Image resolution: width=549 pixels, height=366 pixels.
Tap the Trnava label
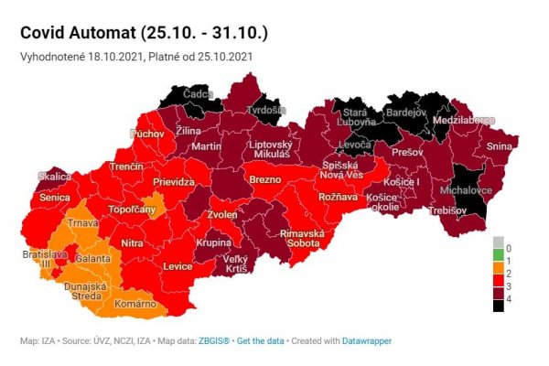tap(86, 222)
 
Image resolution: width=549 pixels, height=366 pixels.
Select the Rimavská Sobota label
tap(303, 238)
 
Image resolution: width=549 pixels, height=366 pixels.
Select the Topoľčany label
tap(135, 210)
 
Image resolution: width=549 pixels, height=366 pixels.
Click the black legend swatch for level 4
tap(498, 307)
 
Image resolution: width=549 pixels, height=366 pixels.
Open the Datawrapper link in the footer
tap(368, 341)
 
